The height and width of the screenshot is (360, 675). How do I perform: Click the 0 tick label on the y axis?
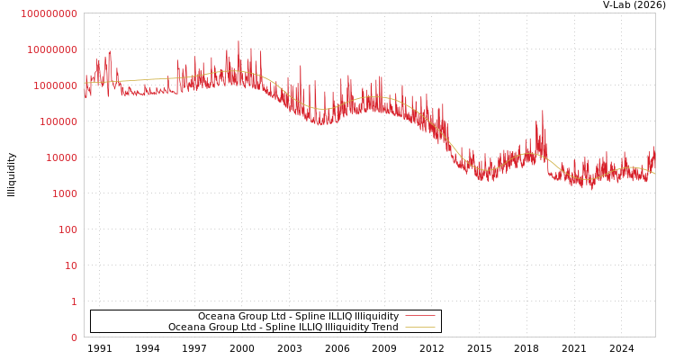click(74, 337)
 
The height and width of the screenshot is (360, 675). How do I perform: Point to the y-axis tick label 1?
click(74, 301)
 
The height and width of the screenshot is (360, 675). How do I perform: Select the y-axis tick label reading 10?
click(70, 265)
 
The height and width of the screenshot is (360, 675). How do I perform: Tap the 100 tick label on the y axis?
click(67, 229)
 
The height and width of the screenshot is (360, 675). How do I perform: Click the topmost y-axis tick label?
click(49, 13)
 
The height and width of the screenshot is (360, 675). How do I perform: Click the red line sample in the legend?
click(420, 317)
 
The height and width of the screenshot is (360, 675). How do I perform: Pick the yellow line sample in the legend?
click(420, 328)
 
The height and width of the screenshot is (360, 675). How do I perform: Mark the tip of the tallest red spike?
click(238, 40)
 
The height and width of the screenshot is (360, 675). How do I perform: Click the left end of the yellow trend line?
click(85, 84)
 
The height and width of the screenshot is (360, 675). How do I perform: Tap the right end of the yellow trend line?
click(654, 173)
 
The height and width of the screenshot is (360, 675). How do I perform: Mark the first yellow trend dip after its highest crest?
click(322, 109)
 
